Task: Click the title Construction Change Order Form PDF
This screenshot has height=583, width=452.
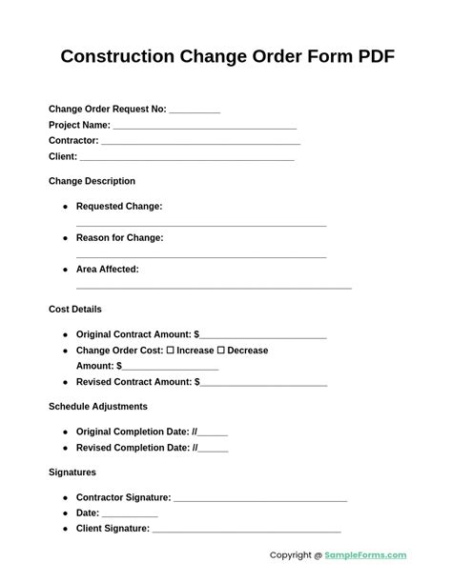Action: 227,56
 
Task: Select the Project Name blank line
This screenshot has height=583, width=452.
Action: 204,127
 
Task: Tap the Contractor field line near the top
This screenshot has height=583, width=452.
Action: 200,143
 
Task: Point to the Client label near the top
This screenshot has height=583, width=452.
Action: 63,156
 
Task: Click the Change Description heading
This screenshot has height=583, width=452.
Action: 92,181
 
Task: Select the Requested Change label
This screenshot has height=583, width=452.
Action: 119,206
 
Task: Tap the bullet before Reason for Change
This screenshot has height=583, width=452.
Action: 66,238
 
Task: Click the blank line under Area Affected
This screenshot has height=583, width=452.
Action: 214,287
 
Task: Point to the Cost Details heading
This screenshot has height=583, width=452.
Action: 75,309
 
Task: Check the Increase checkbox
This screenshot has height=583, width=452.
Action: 170,351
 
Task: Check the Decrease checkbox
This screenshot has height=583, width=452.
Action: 220,351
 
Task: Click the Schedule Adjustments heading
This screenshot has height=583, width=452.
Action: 98,406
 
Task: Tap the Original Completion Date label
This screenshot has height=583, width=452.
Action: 133,432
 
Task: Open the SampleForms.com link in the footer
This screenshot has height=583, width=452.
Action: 365,555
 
